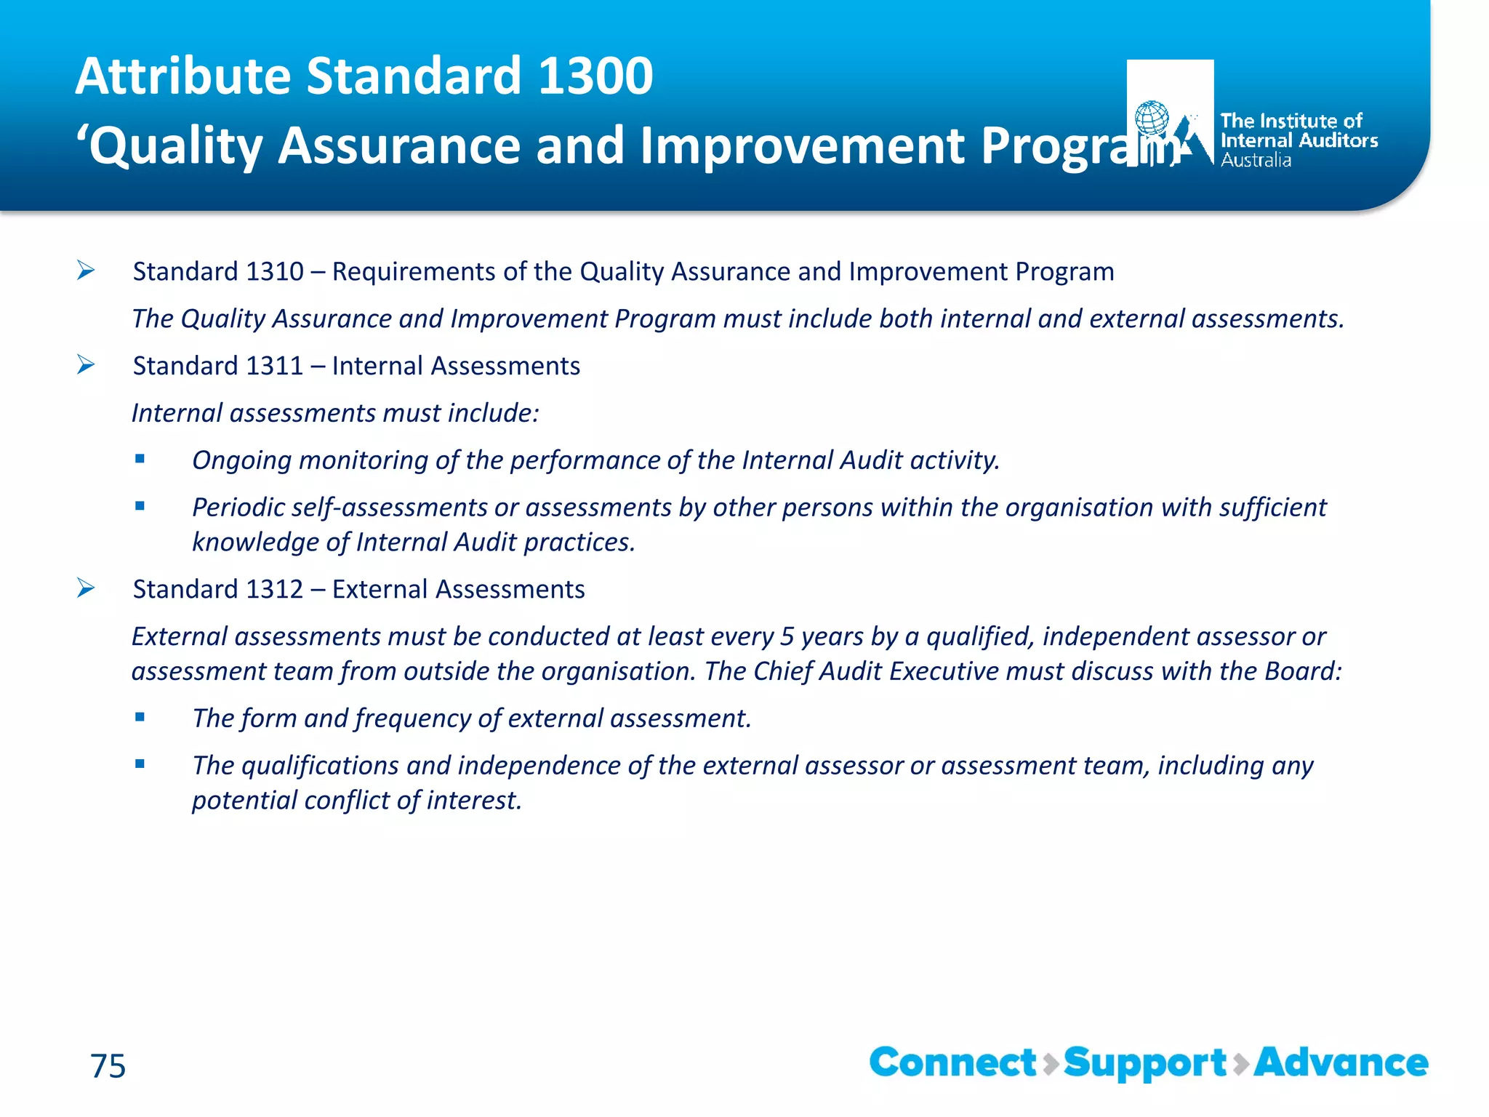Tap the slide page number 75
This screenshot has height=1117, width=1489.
pos(108,1066)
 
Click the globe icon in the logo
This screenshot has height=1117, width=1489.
pos(1152,119)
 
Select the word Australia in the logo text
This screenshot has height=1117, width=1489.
pos(1256,161)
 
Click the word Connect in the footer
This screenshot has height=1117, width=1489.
pos(952,1062)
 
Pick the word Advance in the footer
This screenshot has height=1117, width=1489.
pos(1341,1062)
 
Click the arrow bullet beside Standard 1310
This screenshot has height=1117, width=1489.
pos(86,271)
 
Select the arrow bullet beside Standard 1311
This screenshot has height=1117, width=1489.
pos(86,364)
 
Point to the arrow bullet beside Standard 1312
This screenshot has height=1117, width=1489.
pos(86,588)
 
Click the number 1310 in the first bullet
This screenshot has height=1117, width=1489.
pos(275,271)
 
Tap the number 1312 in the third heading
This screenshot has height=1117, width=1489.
pos(275,589)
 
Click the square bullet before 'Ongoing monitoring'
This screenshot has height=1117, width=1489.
pos(140,459)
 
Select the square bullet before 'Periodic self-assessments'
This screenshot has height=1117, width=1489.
pos(140,506)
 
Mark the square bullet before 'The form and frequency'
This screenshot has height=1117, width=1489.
pos(140,717)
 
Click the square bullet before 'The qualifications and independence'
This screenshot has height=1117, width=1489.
pos(140,764)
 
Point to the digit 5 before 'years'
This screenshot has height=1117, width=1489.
pos(787,636)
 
